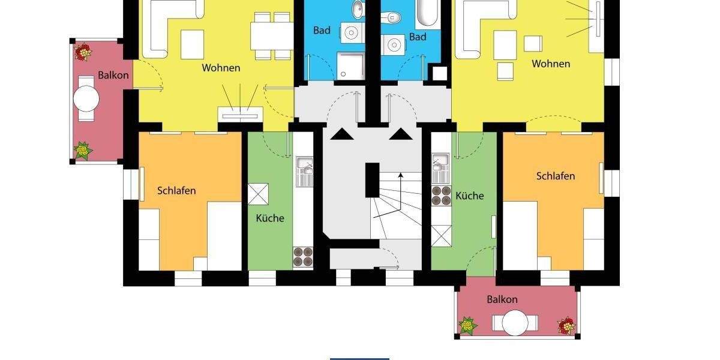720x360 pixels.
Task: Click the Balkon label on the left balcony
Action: coord(113,76)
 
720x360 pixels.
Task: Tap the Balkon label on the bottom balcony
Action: coord(502,299)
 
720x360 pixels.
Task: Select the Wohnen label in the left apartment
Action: coord(221,68)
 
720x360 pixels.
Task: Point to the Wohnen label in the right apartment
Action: coord(551,64)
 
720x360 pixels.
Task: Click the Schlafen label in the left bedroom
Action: coord(176,191)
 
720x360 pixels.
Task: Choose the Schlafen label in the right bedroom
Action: coord(556,176)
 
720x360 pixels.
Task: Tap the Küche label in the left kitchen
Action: coord(270,218)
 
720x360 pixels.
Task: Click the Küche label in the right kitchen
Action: coord(469,196)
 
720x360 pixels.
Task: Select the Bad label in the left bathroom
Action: coord(322,31)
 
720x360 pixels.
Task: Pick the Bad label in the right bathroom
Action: coord(418,37)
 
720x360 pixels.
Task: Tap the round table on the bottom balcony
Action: coord(515,322)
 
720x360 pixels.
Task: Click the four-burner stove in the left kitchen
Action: coord(303,257)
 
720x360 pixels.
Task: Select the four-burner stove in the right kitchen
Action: coord(442,196)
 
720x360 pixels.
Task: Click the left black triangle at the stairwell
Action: coord(340,134)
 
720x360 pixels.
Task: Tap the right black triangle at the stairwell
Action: coord(400,134)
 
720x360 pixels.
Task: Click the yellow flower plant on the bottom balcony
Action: coord(467,326)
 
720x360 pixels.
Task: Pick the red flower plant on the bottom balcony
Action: coord(566,326)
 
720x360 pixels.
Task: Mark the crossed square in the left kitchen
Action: coord(258,194)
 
